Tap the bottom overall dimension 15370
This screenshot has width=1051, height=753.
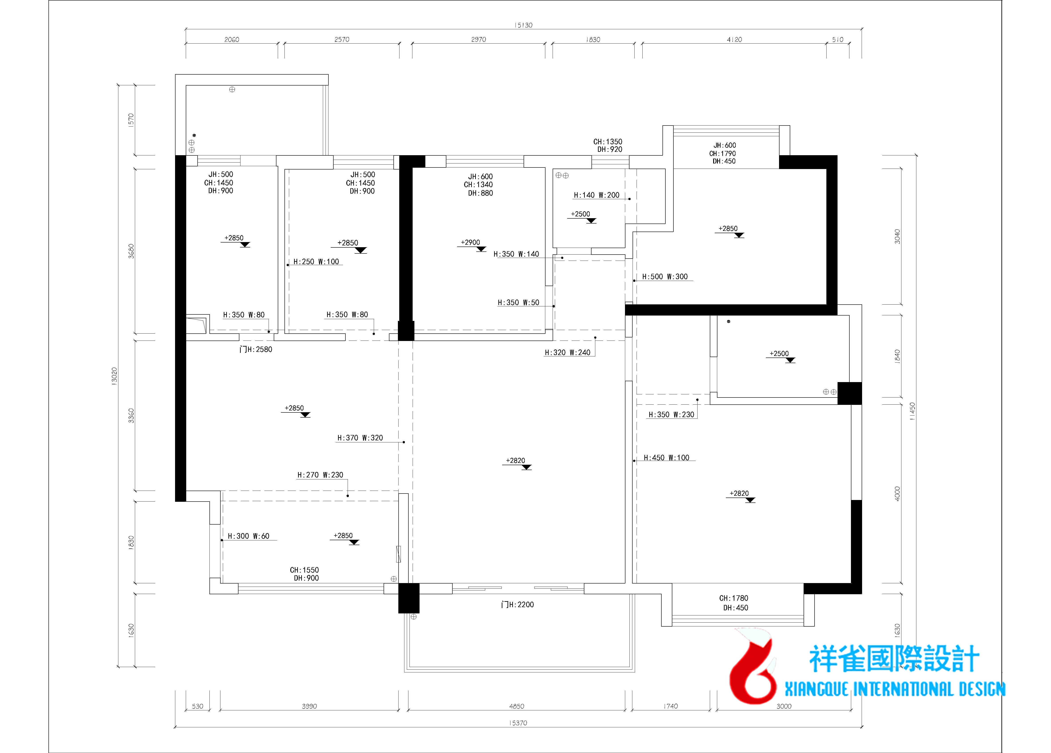[518, 723]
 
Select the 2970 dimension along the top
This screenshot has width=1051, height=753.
[479, 39]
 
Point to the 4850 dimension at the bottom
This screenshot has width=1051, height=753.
[517, 706]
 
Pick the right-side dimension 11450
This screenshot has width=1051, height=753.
[912, 411]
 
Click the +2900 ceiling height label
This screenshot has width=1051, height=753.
[470, 242]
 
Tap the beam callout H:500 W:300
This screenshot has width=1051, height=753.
[665, 277]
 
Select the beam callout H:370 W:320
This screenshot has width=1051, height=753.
[360, 438]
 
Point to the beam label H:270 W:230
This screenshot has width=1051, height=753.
[320, 475]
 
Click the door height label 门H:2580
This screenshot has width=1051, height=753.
[256, 349]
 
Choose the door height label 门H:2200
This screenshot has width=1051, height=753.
[518, 605]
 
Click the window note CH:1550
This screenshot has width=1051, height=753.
[305, 570]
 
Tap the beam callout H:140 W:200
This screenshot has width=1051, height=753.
[596, 195]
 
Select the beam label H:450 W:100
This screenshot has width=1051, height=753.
[666, 458]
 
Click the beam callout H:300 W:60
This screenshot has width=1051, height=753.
[248, 536]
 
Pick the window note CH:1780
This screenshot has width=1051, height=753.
[733, 598]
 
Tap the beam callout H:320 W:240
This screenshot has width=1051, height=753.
[568, 353]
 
